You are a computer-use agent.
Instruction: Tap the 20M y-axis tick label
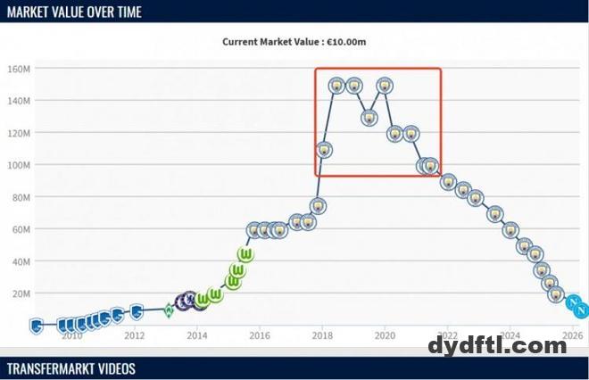click(x=22, y=293)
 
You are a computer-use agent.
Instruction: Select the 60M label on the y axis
click(x=22, y=229)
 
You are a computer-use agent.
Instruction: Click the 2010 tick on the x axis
click(x=71, y=335)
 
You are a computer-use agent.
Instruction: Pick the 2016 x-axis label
click(x=259, y=335)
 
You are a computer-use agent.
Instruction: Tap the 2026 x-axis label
click(x=572, y=335)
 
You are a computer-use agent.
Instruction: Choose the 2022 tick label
click(x=447, y=335)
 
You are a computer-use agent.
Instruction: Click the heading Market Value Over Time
click(x=74, y=12)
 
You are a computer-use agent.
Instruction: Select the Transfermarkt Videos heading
click(x=71, y=368)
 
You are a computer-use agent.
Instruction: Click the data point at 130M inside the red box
click(x=369, y=118)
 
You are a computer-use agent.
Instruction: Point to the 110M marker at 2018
click(x=324, y=150)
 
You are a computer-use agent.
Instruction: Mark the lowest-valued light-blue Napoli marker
click(x=582, y=310)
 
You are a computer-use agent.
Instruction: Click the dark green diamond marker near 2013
click(x=169, y=310)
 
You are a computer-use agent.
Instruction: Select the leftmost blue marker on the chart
click(x=37, y=325)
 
